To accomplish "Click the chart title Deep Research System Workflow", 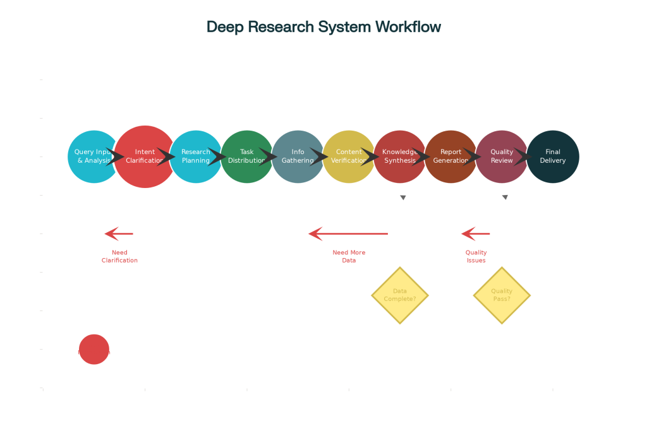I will coord(323,27).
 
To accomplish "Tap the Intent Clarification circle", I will coord(144,156).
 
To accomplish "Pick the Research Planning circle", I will coord(196,156).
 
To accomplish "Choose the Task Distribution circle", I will coord(247,156).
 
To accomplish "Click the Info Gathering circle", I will coord(298,156).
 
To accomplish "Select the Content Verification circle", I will coord(349,156).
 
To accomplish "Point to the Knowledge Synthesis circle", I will coord(400,156).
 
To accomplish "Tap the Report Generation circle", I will coord(450,156).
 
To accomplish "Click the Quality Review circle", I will coord(502,156).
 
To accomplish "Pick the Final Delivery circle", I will coord(553,156).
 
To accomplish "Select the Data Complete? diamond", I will coord(400,295).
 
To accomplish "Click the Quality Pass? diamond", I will coord(502,295).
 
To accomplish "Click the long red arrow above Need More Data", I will coord(348,234).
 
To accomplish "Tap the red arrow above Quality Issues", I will coord(476,234).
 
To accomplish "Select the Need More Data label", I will coord(349,256).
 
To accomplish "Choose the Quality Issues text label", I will coord(476,256).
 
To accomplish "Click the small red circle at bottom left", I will coord(94,350).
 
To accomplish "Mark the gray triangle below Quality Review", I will coord(505,198).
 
